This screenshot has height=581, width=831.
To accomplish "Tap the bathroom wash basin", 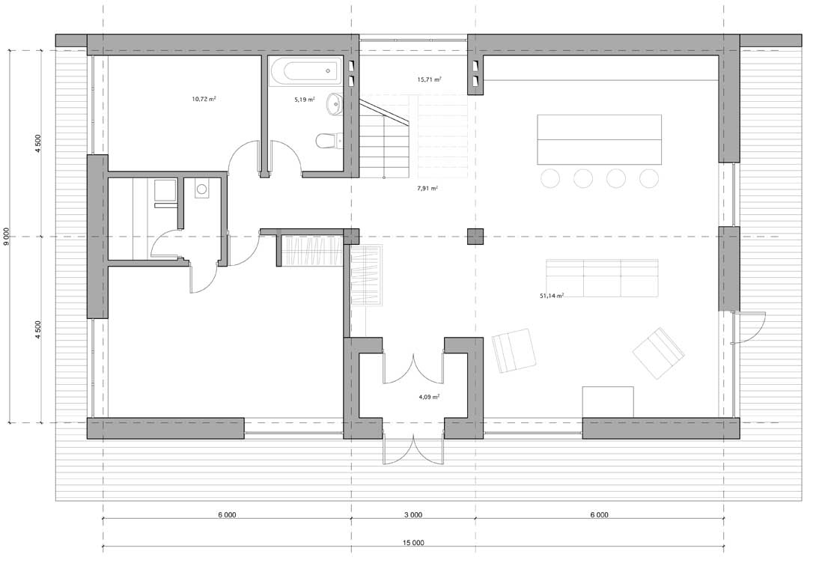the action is coord(335,104).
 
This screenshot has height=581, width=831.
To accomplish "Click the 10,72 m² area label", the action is coord(204,99).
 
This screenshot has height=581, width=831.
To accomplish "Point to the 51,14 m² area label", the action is coord(552,296).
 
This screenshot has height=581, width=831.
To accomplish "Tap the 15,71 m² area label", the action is coord(429,79).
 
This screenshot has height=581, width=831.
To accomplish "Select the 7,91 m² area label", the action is coord(427,188).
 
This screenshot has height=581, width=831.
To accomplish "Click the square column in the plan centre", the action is coord(475,237).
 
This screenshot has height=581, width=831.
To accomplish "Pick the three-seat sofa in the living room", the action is coord(602,279).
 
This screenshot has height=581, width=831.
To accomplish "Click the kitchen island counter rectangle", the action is coord(600,139).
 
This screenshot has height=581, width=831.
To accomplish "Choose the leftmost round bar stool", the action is coord(550,178).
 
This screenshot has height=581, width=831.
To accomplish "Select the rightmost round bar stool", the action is coord(648,178).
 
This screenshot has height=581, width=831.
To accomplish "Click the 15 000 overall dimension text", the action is coord(413,543).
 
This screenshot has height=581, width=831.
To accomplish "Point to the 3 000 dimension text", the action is coord(413,514).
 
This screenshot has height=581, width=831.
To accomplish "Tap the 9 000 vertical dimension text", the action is coord(6,237).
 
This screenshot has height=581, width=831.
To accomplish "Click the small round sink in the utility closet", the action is coord(201,189).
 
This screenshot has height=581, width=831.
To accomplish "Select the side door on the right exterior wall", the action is coord(747,327).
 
